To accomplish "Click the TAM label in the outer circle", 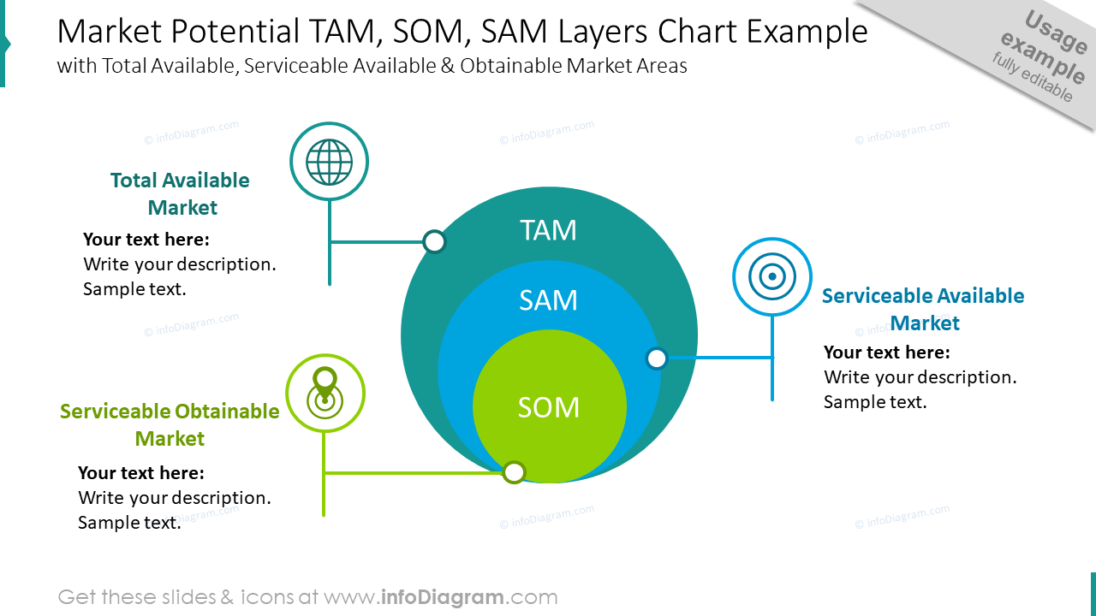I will pos(548,230).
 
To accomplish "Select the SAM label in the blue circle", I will pos(548,300).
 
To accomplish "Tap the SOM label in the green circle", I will pos(548,407).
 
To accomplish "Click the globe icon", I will pos(329,162).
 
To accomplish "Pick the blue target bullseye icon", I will pos(772,276).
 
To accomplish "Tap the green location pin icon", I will pos(325,393).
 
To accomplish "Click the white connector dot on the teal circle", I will pos(435,242).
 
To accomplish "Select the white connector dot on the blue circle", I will pos(657,358).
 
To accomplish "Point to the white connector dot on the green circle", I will pos(514,472).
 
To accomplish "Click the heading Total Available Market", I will pos(180,194).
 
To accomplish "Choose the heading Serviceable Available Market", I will pos(923,309).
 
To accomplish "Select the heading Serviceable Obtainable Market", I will pos(170,424).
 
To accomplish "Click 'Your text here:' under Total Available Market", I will pos(146,240).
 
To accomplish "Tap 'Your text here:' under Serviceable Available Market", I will pos(887,352).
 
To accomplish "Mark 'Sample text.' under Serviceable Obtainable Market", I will pos(129,523).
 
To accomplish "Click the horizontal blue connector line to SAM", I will pos(719,358).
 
